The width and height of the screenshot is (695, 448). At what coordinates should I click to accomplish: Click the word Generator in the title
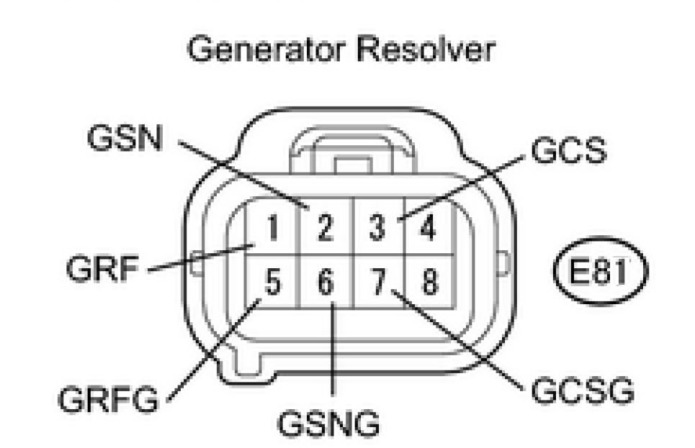(261, 51)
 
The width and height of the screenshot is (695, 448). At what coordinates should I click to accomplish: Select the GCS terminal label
(568, 151)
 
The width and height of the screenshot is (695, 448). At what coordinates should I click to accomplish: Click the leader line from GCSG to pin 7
(461, 338)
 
